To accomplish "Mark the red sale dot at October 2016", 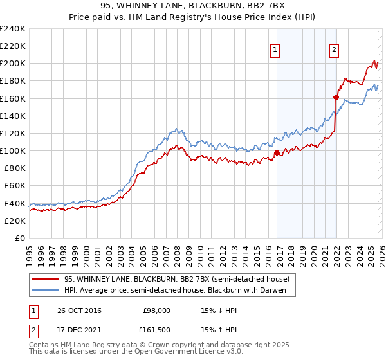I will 277,153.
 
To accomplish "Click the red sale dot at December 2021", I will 336,98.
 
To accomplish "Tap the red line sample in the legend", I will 46,279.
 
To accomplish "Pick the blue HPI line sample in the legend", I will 46,290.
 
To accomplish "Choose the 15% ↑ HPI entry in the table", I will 219,330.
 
